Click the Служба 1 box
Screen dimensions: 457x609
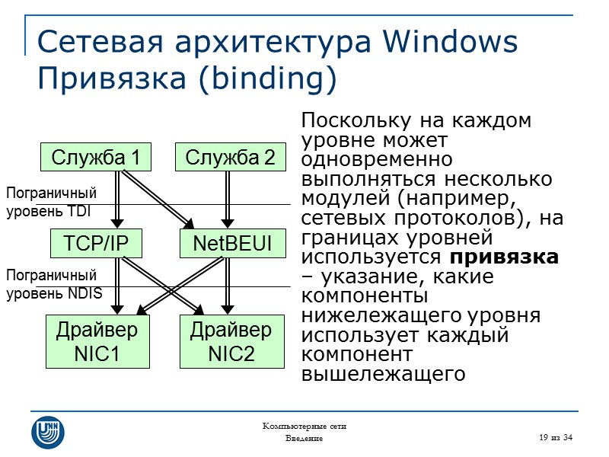(96, 158)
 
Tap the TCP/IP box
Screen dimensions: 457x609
(96, 243)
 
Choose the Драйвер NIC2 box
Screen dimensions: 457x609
(231, 342)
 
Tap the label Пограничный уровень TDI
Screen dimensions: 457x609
(52, 202)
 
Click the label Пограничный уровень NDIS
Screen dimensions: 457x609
(54, 284)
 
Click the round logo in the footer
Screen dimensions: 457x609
(48, 432)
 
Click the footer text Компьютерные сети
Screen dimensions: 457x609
(304, 426)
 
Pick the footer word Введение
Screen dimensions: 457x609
(304, 439)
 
